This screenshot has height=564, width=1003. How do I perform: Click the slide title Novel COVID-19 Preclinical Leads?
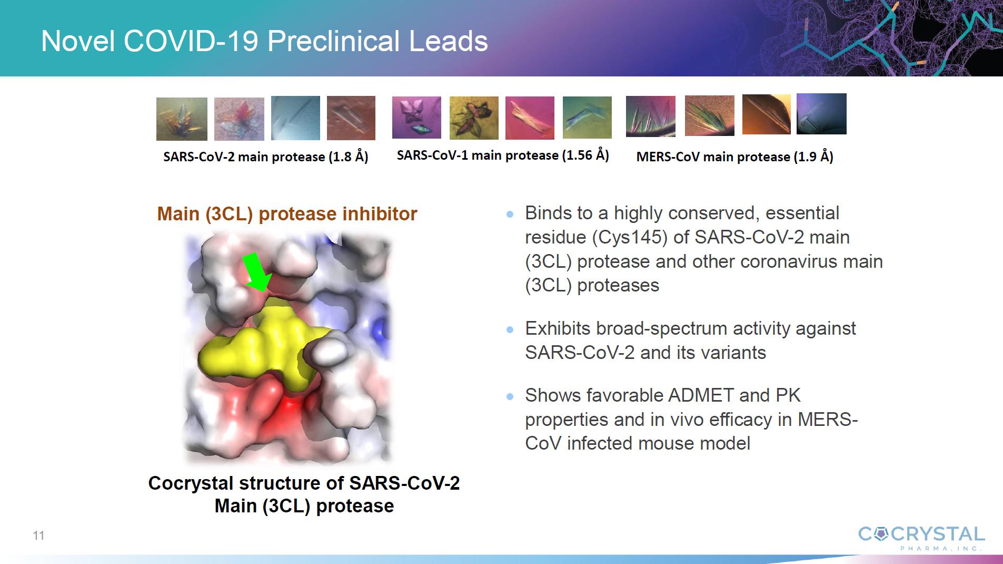(x=264, y=41)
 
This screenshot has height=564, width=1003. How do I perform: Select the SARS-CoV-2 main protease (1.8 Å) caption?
(x=266, y=157)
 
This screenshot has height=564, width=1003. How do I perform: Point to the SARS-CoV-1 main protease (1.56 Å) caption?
(x=503, y=155)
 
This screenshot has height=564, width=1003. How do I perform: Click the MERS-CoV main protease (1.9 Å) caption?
(x=734, y=157)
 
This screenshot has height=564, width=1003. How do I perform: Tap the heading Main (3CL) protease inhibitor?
(x=287, y=214)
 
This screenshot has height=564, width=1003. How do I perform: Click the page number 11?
(x=38, y=536)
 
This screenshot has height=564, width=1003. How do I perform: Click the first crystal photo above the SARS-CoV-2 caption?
(x=182, y=119)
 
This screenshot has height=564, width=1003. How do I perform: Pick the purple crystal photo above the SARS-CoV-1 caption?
(x=416, y=118)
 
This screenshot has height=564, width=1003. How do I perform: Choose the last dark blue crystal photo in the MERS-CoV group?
(x=821, y=114)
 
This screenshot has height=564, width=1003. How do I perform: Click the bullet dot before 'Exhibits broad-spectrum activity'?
(x=510, y=330)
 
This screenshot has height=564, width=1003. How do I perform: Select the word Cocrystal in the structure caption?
(x=191, y=483)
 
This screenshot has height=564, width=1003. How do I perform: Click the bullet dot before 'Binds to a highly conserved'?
(x=510, y=215)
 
